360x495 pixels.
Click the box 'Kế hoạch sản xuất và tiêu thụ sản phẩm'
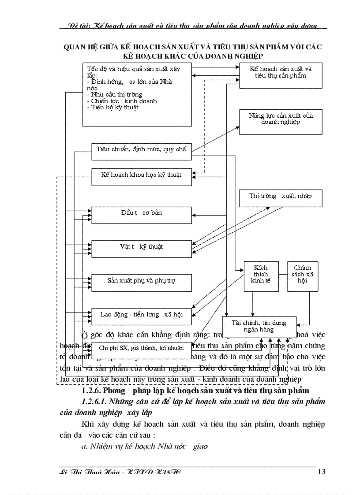(x=280, y=72)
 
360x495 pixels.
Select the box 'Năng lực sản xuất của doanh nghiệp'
(x=280, y=119)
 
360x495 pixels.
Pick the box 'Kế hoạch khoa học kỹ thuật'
(x=141, y=175)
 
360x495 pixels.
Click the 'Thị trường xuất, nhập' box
(x=280, y=196)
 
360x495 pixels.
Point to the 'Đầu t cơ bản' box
(x=141, y=213)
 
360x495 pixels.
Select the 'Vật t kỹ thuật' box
(x=141, y=247)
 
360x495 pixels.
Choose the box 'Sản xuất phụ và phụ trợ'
(x=141, y=280)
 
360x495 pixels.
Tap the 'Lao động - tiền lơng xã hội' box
(x=141, y=314)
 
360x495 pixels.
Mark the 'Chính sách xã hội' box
(x=302, y=274)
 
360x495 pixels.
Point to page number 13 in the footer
(x=321, y=472)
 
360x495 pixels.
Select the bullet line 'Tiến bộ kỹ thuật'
(x=113, y=107)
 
